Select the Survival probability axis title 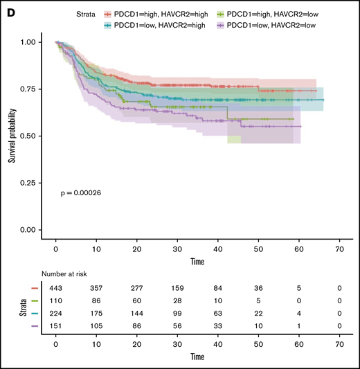12,135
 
